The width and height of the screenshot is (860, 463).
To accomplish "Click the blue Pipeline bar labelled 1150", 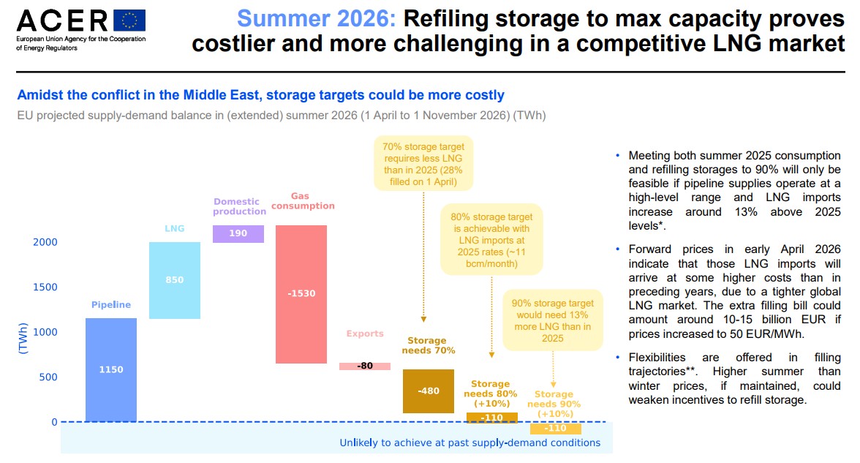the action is click(111, 370).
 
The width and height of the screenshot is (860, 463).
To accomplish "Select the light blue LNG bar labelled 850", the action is click(174, 280).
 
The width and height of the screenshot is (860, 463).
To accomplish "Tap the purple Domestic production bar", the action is click(238, 234).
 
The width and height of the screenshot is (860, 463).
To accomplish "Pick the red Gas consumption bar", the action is click(301, 294).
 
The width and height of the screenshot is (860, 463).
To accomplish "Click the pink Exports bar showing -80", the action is click(365, 366).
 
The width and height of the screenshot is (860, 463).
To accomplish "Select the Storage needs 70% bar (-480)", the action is click(429, 391).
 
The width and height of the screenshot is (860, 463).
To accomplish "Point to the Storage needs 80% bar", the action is click(492, 418).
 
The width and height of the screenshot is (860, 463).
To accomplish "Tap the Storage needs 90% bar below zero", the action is click(556, 428).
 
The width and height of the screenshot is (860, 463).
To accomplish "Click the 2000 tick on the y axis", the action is click(45, 242).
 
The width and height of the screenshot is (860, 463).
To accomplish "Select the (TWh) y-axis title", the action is click(23, 339).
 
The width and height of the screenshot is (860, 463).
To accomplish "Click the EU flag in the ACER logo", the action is click(129, 20).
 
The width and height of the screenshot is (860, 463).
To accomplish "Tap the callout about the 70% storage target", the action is click(423, 164).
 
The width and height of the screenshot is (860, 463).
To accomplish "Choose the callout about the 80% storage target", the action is click(491, 240).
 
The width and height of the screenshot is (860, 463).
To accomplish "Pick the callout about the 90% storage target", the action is click(553, 320).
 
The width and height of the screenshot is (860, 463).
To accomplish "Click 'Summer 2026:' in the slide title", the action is click(317, 19).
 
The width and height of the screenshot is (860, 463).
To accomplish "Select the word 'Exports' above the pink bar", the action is click(365, 334).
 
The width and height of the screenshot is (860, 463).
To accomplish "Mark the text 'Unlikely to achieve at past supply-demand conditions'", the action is click(470, 443).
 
